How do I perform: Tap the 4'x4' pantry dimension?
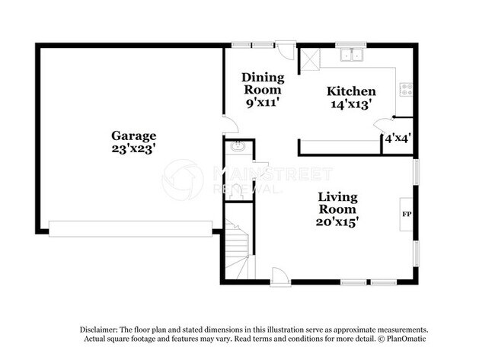pyautogui.click(x=398, y=139)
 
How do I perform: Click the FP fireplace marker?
pyautogui.click(x=406, y=214)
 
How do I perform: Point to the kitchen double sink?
pyautogui.click(x=353, y=55)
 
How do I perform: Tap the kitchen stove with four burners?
pyautogui.click(x=406, y=88)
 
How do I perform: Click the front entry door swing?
pyautogui.click(x=279, y=276)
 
